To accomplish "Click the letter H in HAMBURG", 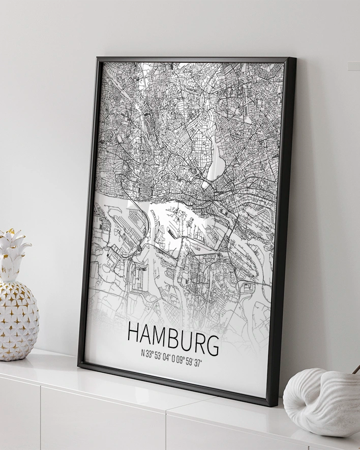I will (133, 333).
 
